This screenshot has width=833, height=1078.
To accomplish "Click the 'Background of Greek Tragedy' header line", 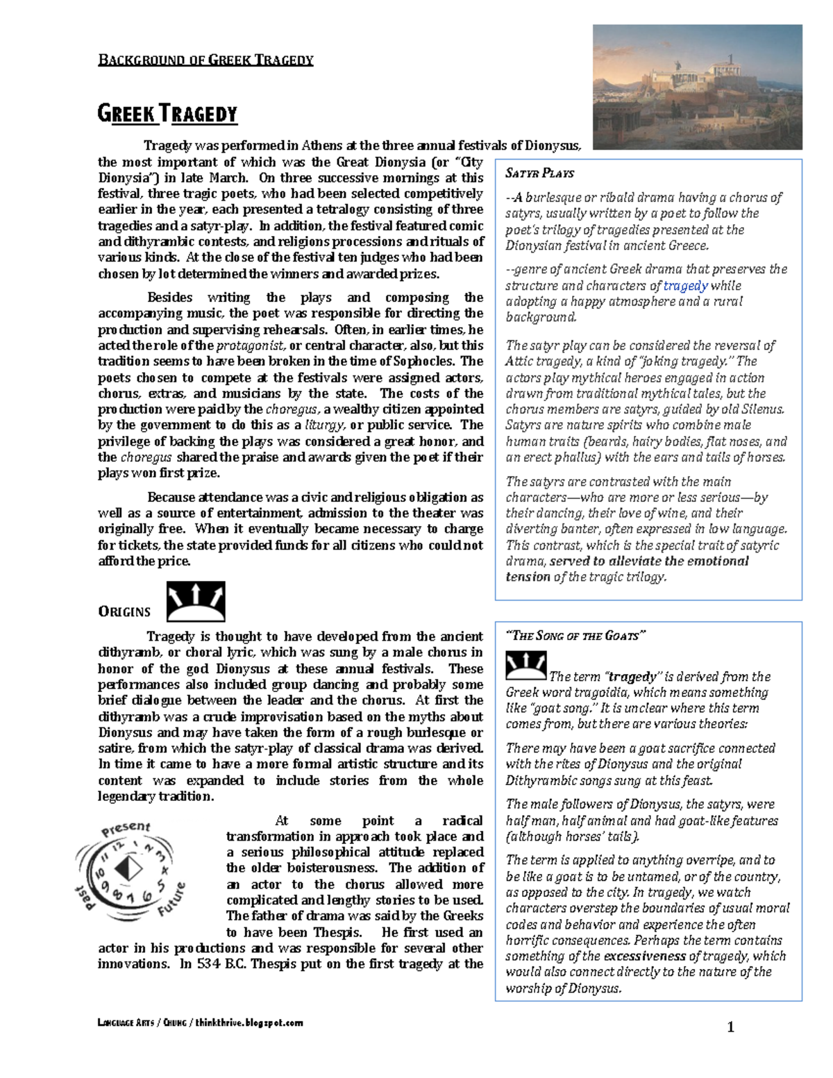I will [205, 60].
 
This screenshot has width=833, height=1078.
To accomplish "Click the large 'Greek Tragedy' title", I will [167, 113].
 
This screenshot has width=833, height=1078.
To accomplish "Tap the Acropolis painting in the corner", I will [697, 87].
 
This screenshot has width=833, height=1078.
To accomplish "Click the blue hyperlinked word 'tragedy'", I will [685, 285].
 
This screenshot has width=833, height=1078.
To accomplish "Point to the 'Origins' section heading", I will [124, 612].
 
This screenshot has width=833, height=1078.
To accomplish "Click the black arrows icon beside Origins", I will [196, 601].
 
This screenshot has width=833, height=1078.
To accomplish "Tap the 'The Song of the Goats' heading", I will [575, 636].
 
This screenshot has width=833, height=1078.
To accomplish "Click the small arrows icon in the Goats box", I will [525, 666].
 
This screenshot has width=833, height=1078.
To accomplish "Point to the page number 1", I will [730, 1027].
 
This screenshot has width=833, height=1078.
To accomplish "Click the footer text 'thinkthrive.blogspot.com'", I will [249, 1022].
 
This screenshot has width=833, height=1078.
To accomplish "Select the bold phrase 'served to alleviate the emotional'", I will [649, 561].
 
